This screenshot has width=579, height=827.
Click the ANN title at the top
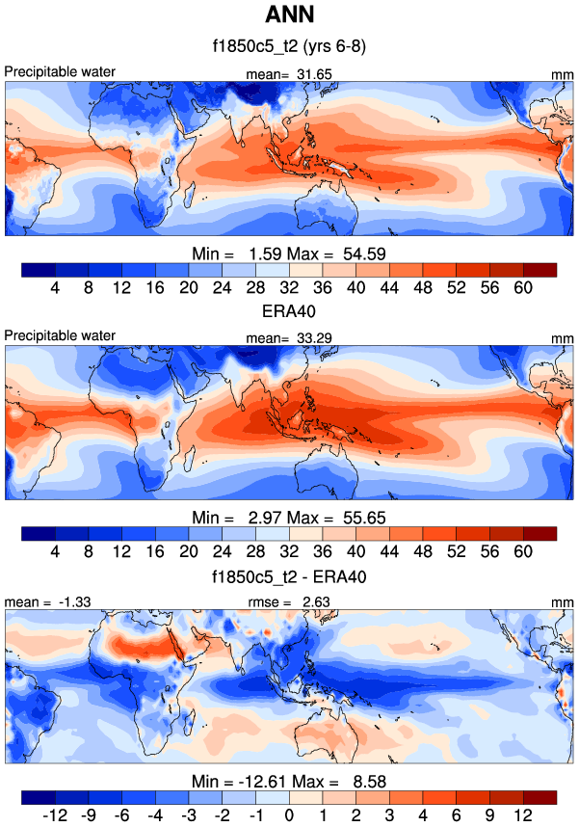pos(289,15)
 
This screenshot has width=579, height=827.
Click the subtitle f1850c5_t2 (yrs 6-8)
pos(289,45)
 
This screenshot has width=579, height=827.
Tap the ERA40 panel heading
pos(289,308)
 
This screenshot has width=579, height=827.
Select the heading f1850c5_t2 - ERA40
pos(289,575)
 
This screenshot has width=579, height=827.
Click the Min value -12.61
pos(254,782)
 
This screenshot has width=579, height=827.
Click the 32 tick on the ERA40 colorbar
pos(289,551)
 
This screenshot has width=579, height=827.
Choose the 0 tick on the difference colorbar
pos(289,815)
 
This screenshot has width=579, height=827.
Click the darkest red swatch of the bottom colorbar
pos(540,797)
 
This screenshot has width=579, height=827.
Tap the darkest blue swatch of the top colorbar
pos(38,269)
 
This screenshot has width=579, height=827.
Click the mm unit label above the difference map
pos(564,602)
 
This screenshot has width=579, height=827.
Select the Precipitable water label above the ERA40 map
pos(60,335)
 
